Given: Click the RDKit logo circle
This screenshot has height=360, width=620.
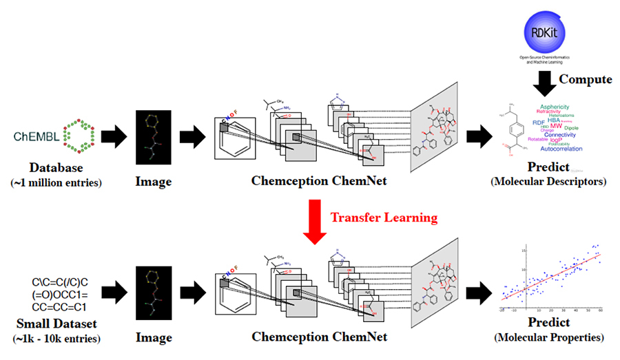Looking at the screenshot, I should pyautogui.click(x=539, y=32).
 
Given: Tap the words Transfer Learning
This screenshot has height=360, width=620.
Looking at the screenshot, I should pyautogui.click(x=384, y=218).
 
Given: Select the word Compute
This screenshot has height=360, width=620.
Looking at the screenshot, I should pyautogui.click(x=585, y=79).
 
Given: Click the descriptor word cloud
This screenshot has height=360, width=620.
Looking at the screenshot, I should pyautogui.click(x=555, y=127).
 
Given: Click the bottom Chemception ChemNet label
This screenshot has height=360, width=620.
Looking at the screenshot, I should pyautogui.click(x=318, y=337).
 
